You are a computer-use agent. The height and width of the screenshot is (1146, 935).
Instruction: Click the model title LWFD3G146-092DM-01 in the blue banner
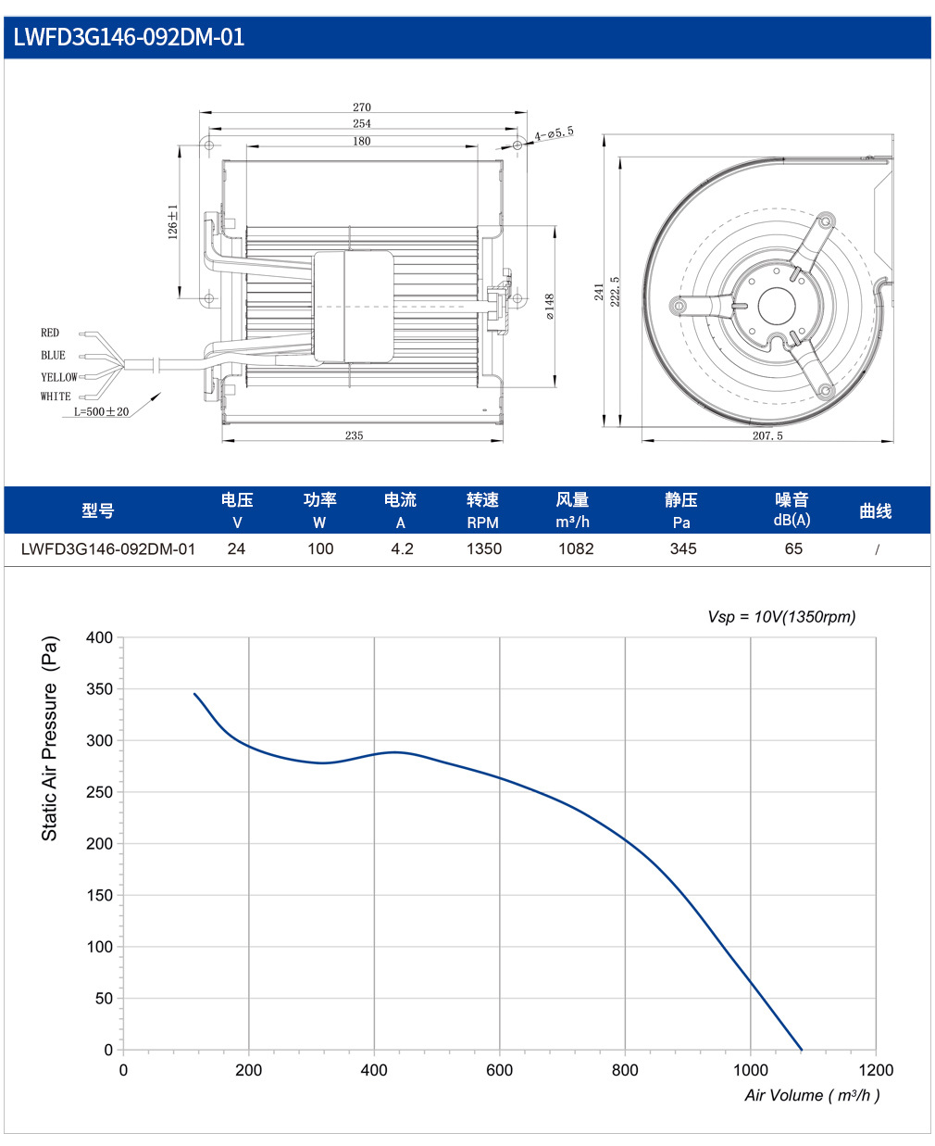click(129, 37)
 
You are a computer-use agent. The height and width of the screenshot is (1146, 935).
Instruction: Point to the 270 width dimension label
click(362, 107)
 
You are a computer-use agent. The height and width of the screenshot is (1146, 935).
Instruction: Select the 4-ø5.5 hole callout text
click(554, 133)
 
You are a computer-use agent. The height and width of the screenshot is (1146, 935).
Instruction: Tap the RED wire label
click(50, 333)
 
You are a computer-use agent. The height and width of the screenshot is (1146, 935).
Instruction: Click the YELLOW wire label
click(59, 377)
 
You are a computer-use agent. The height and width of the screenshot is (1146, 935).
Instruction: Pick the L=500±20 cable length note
click(102, 411)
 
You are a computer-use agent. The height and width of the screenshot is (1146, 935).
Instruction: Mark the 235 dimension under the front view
click(354, 435)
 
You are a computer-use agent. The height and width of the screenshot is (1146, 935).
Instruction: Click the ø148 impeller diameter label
click(550, 307)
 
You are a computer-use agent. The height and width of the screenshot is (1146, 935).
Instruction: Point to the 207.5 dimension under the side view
click(767, 435)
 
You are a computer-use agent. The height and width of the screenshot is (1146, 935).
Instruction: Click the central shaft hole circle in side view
click(777, 307)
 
